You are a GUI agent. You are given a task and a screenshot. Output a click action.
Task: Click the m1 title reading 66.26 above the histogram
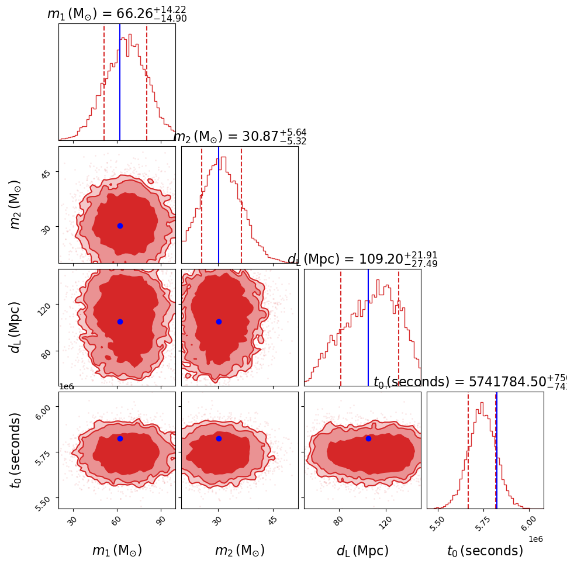(x=117, y=14)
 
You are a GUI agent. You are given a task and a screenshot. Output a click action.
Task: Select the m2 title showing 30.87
(x=240, y=137)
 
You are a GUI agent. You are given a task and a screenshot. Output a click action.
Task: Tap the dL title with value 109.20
(x=362, y=260)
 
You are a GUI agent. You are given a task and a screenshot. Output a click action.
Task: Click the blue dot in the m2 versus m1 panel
(x=120, y=226)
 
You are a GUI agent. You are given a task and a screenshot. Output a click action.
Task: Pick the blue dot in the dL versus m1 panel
(x=120, y=321)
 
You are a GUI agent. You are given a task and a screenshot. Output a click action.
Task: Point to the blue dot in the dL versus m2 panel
(x=219, y=321)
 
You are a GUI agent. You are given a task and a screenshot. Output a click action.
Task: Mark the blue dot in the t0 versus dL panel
(x=368, y=438)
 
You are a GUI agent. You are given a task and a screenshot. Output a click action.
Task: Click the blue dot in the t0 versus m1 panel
(x=120, y=438)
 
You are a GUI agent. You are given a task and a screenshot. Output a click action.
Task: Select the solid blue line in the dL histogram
(x=368, y=327)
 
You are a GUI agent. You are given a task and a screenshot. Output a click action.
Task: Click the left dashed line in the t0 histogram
(x=468, y=450)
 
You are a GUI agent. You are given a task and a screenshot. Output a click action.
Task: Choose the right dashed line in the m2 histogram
(x=241, y=205)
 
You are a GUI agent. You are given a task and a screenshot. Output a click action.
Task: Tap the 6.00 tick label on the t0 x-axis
(x=528, y=520)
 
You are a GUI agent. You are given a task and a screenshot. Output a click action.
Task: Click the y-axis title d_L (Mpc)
(x=16, y=327)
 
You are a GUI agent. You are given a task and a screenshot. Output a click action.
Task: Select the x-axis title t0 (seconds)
(x=485, y=551)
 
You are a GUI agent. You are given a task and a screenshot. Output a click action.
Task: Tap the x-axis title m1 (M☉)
(x=117, y=551)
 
